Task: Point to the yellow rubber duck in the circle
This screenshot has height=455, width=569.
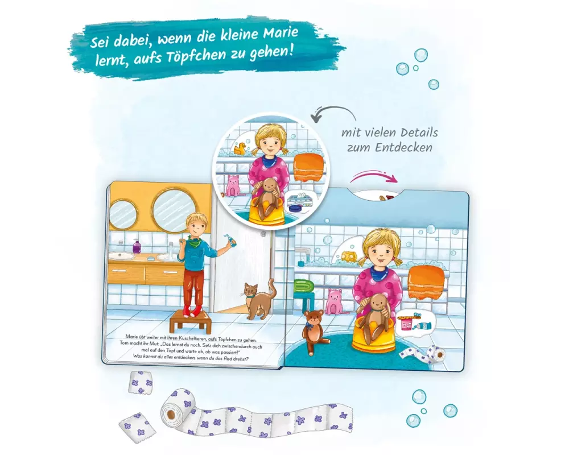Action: tap(240, 148)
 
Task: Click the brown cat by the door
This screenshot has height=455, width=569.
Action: tap(259, 299)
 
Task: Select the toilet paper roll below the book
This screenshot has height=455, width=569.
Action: tap(178, 411)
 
